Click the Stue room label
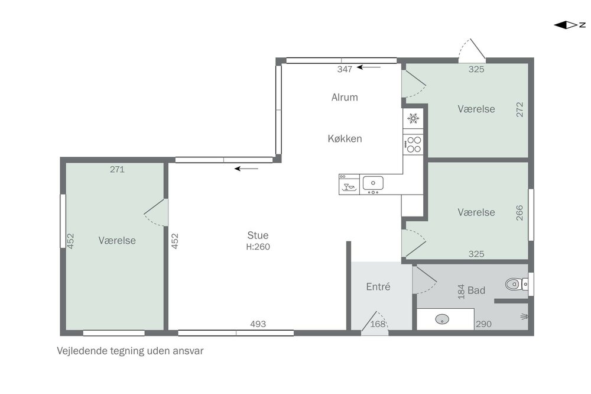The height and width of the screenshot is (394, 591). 258,235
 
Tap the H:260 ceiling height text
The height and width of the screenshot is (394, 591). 258,247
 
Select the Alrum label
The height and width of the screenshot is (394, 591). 345,98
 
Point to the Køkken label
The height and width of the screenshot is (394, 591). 345,138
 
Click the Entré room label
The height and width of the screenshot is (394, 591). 378,286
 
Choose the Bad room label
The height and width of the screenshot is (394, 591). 476,290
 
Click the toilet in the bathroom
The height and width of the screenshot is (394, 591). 517,284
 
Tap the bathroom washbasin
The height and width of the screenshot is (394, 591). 442,319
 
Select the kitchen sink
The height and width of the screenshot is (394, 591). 373,183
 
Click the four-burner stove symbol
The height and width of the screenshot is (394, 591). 413,144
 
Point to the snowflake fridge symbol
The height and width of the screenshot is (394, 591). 413,118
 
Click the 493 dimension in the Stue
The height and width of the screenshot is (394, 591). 258,324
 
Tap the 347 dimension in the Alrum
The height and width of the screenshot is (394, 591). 345,69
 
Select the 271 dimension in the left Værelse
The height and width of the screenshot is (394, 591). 117,169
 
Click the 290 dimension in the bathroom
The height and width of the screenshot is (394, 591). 483,324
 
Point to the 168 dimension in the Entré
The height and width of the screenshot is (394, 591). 378,324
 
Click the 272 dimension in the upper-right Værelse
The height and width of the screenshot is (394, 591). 519,109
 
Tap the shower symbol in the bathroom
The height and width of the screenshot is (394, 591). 524,317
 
